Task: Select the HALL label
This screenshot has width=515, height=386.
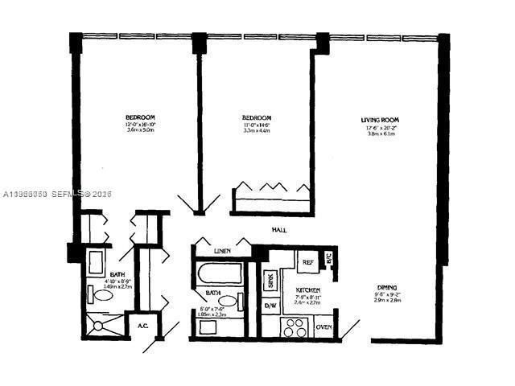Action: tap(280, 231)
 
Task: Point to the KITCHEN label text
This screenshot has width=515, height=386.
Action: tap(308, 289)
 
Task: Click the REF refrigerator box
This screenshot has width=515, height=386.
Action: tap(307, 263)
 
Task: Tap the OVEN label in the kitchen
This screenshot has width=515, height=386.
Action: tap(324, 327)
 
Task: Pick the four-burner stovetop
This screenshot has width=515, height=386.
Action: tap(295, 327)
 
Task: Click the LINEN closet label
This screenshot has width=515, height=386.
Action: tap(223, 251)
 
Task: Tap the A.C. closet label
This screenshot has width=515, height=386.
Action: tap(142, 326)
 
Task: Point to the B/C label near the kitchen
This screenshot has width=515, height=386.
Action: tap(329, 259)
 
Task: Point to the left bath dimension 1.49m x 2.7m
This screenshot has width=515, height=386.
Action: tap(117, 286)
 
